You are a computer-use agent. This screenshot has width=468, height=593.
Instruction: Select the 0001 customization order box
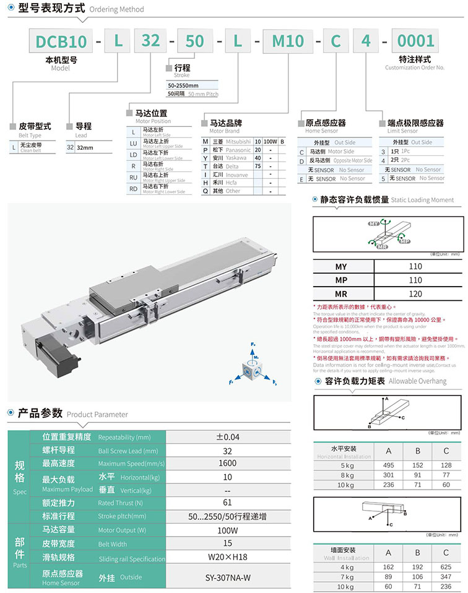pyautogui.click(x=415, y=41)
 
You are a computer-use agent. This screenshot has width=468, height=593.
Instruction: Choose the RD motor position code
pyautogui.click(x=134, y=189)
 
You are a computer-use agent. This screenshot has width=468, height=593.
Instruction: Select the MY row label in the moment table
pyautogui.click(x=341, y=267)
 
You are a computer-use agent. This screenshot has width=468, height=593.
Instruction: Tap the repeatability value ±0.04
pyautogui.click(x=227, y=437)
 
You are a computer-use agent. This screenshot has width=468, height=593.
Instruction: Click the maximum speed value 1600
pyautogui.click(x=227, y=464)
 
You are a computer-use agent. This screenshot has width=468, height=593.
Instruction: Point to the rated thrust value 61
pyautogui.click(x=227, y=503)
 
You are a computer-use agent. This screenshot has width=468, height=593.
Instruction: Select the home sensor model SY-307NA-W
pyautogui.click(x=227, y=578)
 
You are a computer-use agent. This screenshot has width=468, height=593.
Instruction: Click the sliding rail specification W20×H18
pyautogui.click(x=227, y=558)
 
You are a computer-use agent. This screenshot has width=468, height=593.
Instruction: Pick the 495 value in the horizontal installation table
pyautogui.click(x=388, y=465)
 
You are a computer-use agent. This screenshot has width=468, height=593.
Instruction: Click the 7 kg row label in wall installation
pyautogui.click(x=342, y=576)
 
